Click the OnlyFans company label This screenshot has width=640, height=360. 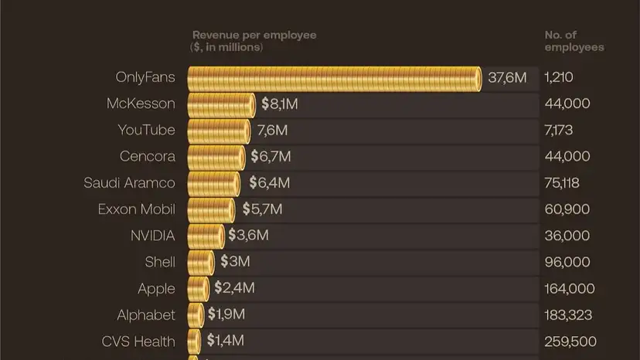tap(145, 77)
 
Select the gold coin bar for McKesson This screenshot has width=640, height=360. tap(221, 104)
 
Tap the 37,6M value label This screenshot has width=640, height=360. tap(507, 77)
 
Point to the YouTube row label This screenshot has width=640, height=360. tap(146, 130)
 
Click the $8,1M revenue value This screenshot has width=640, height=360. tap(279, 104)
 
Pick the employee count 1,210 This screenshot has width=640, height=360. tap(558, 77)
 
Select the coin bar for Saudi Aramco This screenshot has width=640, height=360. tap(213, 183)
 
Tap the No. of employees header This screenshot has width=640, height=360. tap(574, 41)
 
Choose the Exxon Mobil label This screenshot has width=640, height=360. tap(136, 209)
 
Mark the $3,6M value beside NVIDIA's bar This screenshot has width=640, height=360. tap(248, 236)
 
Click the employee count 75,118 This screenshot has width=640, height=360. tap(561, 183)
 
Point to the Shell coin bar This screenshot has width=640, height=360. tap(200, 262)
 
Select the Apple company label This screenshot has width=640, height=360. tap(156, 289)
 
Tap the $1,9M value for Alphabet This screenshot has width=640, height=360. tap(226, 315)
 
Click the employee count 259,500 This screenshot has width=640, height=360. tap(570, 341)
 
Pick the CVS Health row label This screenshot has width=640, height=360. tap(138, 341)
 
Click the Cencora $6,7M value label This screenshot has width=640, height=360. tap(271, 157)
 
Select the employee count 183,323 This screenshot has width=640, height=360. tap(570, 315)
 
